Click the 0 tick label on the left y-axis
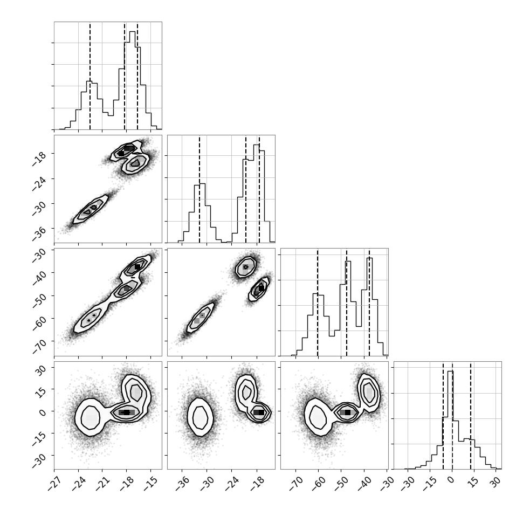(x=43, y=412)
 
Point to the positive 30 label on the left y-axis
(x=40, y=370)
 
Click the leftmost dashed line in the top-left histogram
(x=90, y=75)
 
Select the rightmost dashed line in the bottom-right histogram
(x=471, y=415)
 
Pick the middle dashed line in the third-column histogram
(x=347, y=302)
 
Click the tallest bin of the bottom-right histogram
(x=450, y=420)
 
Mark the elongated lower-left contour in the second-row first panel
(x=91, y=209)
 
